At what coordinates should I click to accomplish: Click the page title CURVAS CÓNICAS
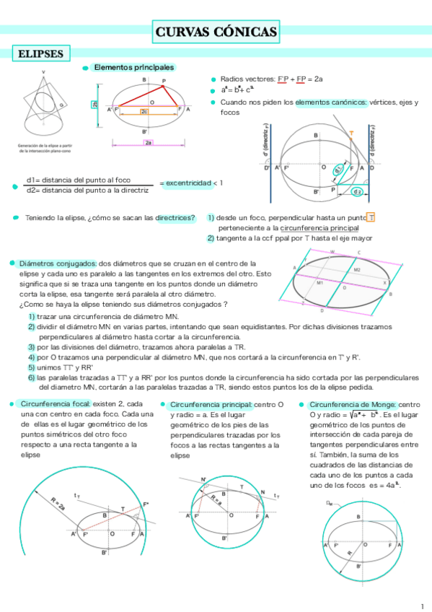point(216,32)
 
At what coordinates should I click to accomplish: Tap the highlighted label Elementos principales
point(133,67)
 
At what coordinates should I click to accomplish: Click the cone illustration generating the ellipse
point(44,108)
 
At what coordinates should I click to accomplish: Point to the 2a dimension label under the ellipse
point(149,143)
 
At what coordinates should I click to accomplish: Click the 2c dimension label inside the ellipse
point(144,112)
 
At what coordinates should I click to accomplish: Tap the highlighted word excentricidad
point(189,183)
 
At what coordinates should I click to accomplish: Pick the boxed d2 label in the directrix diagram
point(357,191)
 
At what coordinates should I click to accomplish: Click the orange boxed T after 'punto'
point(371,218)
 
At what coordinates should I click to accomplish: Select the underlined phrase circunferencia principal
point(320,228)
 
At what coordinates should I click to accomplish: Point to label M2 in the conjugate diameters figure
point(356,269)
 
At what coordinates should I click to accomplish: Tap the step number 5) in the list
point(32,367)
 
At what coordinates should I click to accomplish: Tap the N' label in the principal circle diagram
point(203,479)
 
